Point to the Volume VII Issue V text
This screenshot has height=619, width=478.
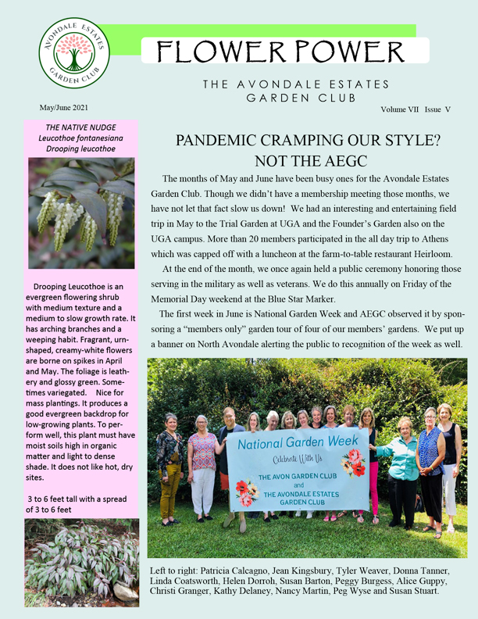pos(416,110)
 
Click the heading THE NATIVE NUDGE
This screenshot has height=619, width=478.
pos(80,127)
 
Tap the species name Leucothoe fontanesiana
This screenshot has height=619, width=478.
pos(81,138)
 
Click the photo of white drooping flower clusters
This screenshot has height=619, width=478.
pos(81,213)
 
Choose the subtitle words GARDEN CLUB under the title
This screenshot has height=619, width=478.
pos(301,98)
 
